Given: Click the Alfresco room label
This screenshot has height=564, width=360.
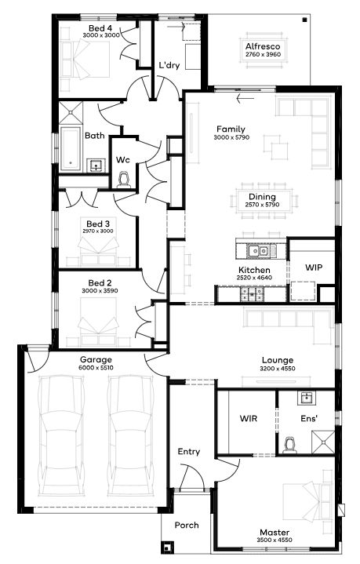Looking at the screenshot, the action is pos(263,46).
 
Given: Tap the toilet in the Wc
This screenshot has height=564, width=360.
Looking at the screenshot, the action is pos(124,180).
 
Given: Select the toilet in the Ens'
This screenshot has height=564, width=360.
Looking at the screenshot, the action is pos(289,445).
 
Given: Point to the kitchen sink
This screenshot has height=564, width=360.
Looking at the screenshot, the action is pos(259,250).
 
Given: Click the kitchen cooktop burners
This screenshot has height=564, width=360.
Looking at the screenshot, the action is pos(252,294).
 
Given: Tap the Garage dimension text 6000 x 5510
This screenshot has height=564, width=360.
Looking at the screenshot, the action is pos(96,368).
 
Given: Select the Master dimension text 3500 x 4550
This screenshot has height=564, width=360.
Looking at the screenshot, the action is pos(275,540).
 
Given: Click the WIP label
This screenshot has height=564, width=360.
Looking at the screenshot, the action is pos(314,267).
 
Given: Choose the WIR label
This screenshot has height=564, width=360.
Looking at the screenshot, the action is pos(249,418).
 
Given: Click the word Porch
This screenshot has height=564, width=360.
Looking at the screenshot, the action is pos(187,525).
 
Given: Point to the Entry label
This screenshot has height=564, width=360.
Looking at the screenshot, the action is pos(189,452).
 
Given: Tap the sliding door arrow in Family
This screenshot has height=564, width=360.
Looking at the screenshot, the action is pos(245,98).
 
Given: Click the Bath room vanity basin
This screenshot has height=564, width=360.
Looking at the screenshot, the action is pos(96,166).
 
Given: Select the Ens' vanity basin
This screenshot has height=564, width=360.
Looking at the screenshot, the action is pos(307,398).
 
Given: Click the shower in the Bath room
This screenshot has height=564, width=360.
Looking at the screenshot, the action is pos(71,113).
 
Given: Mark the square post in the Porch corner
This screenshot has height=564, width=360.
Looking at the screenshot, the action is pos(167,548).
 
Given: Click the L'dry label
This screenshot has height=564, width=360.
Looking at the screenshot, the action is pos(169,65).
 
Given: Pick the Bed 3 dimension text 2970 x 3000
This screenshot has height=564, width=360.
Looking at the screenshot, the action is pos(98,231).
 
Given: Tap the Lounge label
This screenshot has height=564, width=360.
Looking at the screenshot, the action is pos(278,360).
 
